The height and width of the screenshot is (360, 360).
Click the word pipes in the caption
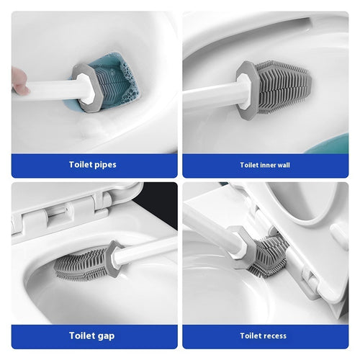pyautogui.click(x=104, y=165)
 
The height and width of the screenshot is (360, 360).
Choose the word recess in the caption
pyautogui.click(x=274, y=336)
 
